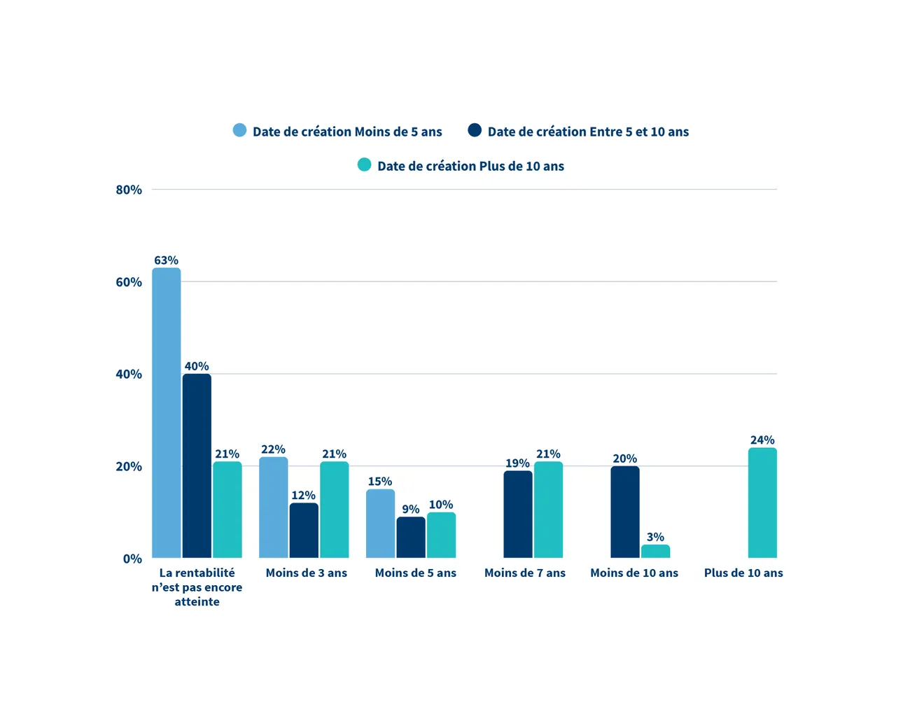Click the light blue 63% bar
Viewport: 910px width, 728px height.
pyautogui.click(x=167, y=413)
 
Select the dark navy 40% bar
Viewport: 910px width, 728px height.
pyautogui.click(x=197, y=465)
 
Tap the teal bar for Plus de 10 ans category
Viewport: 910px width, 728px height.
pyautogui.click(x=762, y=503)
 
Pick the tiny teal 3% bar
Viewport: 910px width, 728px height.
pyautogui.click(x=655, y=552)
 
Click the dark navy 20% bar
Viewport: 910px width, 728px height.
pyautogui.click(x=625, y=512)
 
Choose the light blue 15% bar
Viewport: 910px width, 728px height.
pyautogui.click(x=380, y=524)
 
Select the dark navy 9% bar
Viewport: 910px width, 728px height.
pyautogui.click(x=411, y=537)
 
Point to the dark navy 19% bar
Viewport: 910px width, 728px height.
pyautogui.click(x=518, y=514)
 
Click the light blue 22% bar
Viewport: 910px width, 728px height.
pyautogui.click(x=274, y=507)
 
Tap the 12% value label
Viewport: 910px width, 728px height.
pyautogui.click(x=303, y=496)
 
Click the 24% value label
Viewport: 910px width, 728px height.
pyautogui.click(x=762, y=440)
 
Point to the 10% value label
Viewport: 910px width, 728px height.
pyautogui.click(x=441, y=505)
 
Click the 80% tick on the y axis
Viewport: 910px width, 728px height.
pyautogui.click(x=129, y=190)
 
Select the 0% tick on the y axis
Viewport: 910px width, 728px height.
pyautogui.click(x=132, y=559)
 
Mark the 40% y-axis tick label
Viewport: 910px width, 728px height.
pyautogui.click(x=129, y=374)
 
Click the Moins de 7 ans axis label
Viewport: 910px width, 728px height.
pyautogui.click(x=525, y=573)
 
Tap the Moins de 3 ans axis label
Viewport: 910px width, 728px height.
pyautogui.click(x=307, y=573)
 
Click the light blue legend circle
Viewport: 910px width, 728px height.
pyautogui.click(x=239, y=130)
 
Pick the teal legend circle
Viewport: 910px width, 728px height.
pyautogui.click(x=364, y=165)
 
